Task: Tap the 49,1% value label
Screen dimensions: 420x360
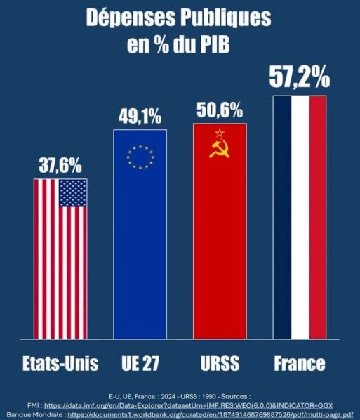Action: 140,117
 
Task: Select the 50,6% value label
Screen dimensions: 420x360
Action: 220,110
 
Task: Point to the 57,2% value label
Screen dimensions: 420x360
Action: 300,78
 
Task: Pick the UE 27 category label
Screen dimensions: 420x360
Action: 140,364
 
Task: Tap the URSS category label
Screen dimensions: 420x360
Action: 220,364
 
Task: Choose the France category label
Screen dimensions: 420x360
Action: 300,364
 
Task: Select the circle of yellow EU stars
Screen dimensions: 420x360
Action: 139,157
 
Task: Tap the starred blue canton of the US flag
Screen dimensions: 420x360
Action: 73,192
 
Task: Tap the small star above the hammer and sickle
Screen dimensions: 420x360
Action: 219,132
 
